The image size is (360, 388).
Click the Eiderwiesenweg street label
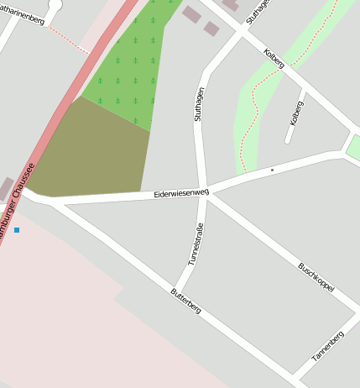pyautogui.click(x=181, y=194)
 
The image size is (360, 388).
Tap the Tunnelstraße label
pyautogui.click(x=196, y=244)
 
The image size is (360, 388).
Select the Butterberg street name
pyautogui.click(x=185, y=300)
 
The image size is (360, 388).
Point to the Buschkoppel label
pyautogui.click(x=316, y=277)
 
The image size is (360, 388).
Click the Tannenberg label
pyautogui.click(x=328, y=346)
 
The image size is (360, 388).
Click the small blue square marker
pyautogui.click(x=16, y=229)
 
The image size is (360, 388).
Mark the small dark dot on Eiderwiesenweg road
pyautogui.click(x=272, y=170)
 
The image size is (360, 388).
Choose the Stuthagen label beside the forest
pyautogui.click(x=199, y=106)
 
